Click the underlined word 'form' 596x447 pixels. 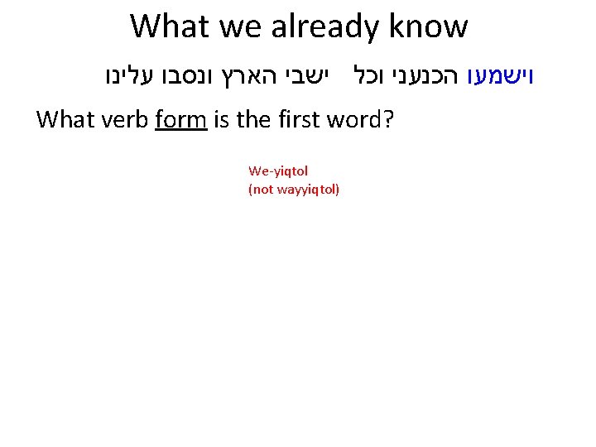180,121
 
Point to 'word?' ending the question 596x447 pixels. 364,121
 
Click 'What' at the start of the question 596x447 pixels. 65,121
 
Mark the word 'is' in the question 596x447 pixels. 221,121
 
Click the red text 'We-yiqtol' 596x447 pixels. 278,171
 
